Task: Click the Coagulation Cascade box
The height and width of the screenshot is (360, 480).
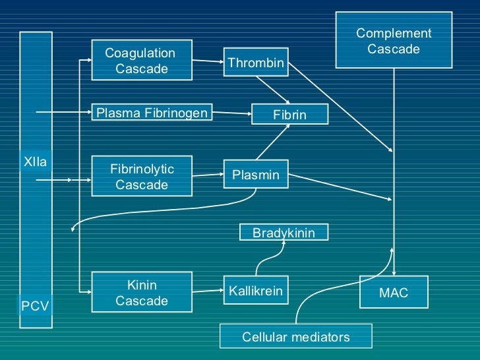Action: [x=141, y=61]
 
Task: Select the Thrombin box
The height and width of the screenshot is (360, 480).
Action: [x=255, y=63]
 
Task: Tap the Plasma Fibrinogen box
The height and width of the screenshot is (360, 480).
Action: [x=152, y=113]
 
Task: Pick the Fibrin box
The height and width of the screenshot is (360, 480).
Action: [x=289, y=115]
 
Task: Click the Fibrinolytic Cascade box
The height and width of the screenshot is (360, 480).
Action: [x=141, y=177]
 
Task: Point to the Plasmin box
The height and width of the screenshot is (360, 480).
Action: [x=255, y=175]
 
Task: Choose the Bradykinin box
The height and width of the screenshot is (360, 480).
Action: [x=284, y=233]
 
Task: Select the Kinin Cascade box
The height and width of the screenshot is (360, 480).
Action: [x=141, y=293]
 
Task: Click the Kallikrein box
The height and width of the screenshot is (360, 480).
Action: [x=255, y=291]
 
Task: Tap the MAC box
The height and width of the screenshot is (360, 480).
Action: [x=394, y=293]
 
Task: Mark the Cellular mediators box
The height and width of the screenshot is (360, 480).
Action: [x=295, y=336]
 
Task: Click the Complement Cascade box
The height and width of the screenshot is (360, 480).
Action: [x=394, y=41]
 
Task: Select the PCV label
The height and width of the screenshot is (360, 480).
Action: [x=35, y=306]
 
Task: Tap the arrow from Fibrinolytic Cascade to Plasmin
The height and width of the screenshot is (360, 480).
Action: [x=208, y=175]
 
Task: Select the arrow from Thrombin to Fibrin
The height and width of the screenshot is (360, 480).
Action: [x=272, y=90]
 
